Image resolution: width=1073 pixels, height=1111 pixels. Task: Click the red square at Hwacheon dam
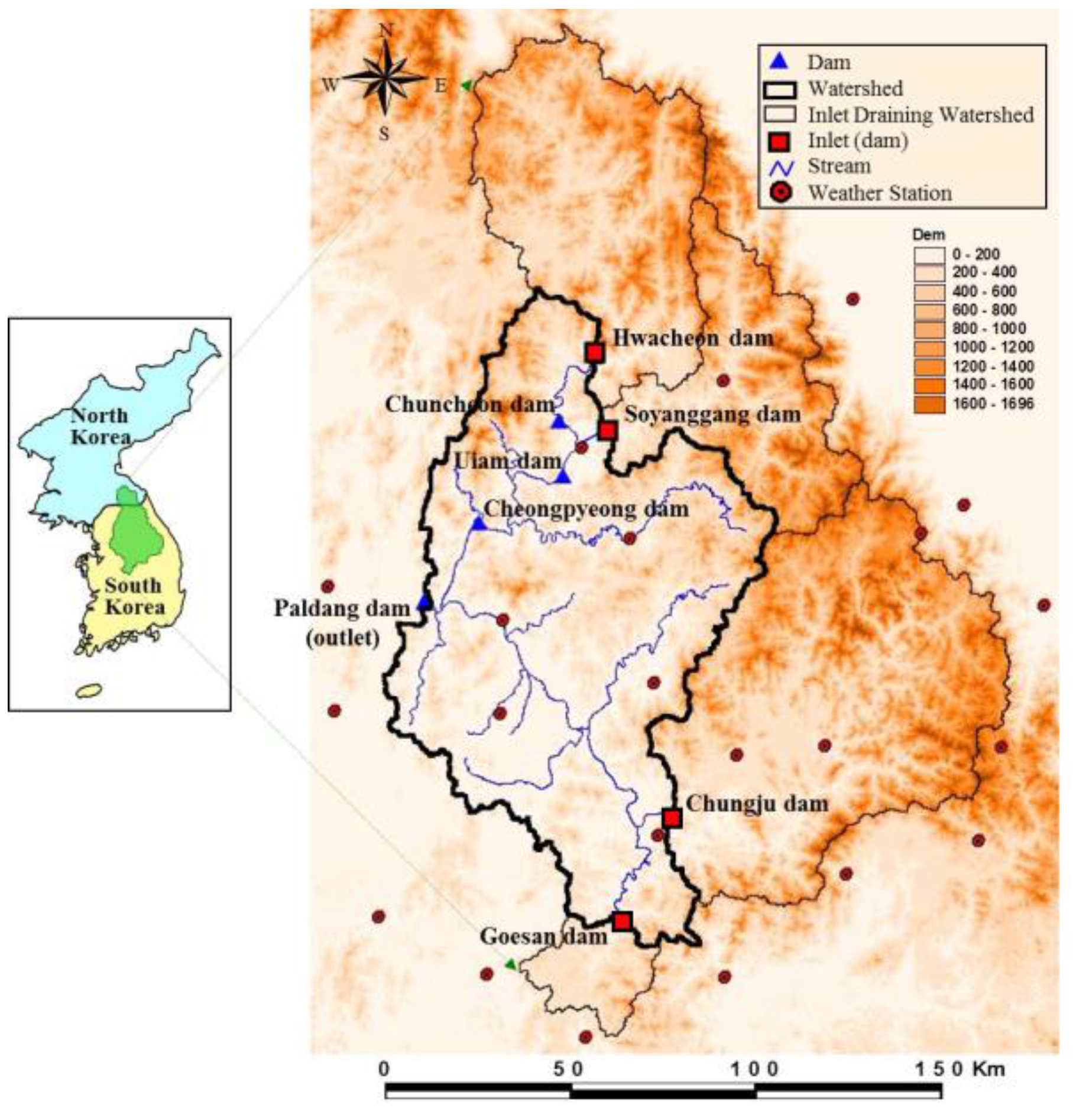click(595, 353)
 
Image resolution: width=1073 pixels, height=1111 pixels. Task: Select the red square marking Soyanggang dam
click(607, 431)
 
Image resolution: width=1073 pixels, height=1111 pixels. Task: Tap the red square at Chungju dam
click(672, 818)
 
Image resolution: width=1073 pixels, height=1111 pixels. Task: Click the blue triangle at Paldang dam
click(424, 602)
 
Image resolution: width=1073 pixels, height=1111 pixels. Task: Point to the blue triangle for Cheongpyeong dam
click(479, 524)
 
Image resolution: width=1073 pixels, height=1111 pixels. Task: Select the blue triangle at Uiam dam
click(562, 477)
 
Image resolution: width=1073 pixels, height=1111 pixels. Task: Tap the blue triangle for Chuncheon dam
click(559, 422)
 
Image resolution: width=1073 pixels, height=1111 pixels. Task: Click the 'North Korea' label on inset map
click(100, 426)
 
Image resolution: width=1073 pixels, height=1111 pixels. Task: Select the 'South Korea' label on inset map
click(134, 596)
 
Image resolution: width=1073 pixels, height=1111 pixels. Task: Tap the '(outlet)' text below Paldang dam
click(343, 638)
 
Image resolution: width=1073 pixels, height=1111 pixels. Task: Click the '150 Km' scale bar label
click(960, 1069)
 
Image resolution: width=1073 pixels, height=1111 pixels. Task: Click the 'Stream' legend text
click(839, 166)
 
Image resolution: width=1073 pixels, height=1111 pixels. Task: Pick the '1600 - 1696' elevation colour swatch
click(929, 404)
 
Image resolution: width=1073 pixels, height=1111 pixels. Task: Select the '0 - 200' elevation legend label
click(976, 254)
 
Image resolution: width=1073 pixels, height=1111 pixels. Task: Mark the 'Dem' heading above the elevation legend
click(928, 235)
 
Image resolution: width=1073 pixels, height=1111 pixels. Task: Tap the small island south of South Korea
click(89, 690)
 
